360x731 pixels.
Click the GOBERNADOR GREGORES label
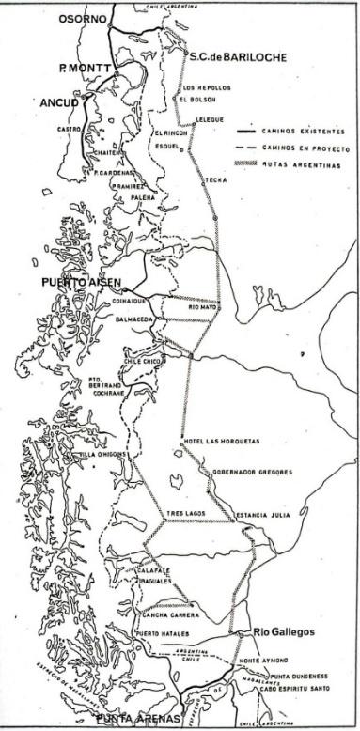click(x=248, y=472)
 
